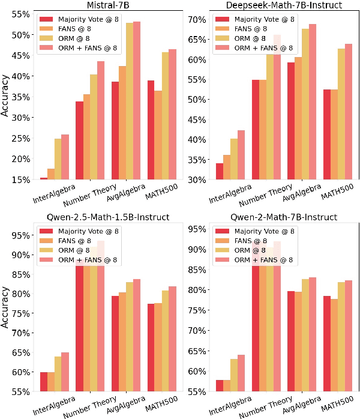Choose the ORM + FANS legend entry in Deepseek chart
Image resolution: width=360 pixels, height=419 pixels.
click(262, 48)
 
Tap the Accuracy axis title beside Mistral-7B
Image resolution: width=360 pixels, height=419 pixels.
click(5, 95)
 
